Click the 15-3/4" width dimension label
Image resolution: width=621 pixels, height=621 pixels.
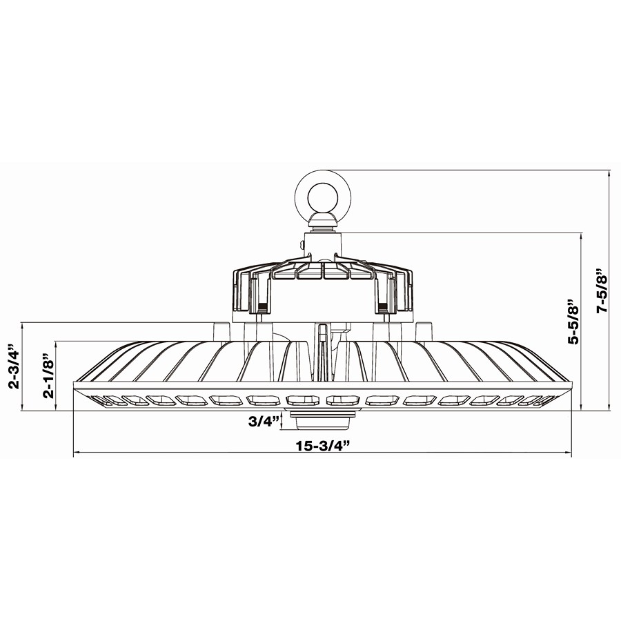(x=324, y=445)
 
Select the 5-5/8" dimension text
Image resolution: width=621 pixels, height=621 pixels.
(x=572, y=322)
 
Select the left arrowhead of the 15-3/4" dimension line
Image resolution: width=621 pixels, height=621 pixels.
(x=77, y=453)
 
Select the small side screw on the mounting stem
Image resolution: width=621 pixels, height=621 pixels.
(x=303, y=244)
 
